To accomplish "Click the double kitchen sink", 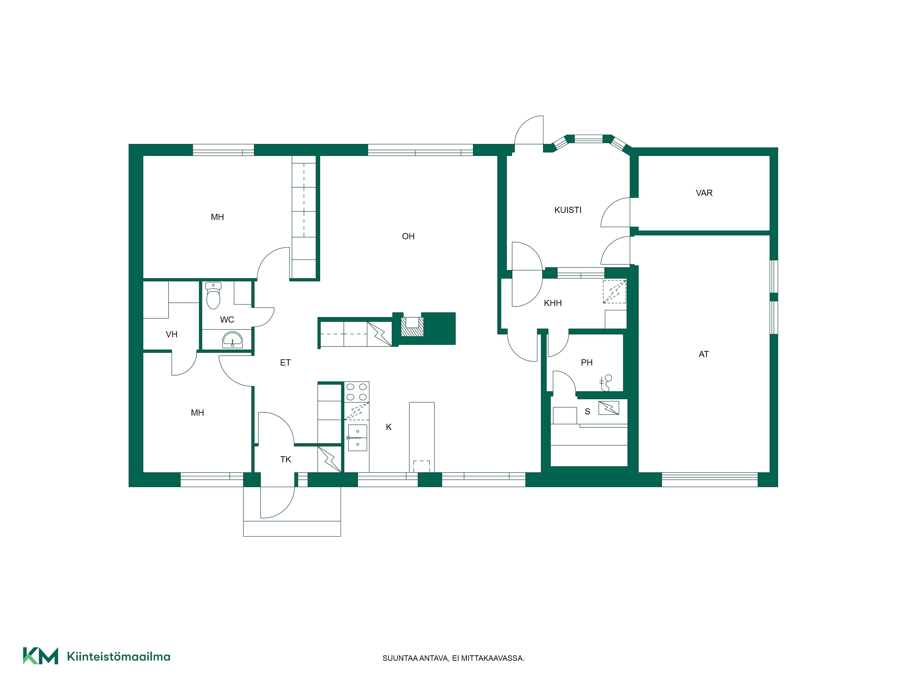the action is pos(357,438).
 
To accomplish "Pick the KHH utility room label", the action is pos(553,303).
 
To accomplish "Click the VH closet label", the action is pos(171,335).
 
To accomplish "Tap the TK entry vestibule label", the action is pos(286,459).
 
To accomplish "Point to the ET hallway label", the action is pos(285,363).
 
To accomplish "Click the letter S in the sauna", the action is pos(587,412).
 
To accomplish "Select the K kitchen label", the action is pos(389,427).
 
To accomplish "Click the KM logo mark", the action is pos(40,656).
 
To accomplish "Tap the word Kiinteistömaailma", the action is pos(119,657).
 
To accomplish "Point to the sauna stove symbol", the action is pos(609,408).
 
